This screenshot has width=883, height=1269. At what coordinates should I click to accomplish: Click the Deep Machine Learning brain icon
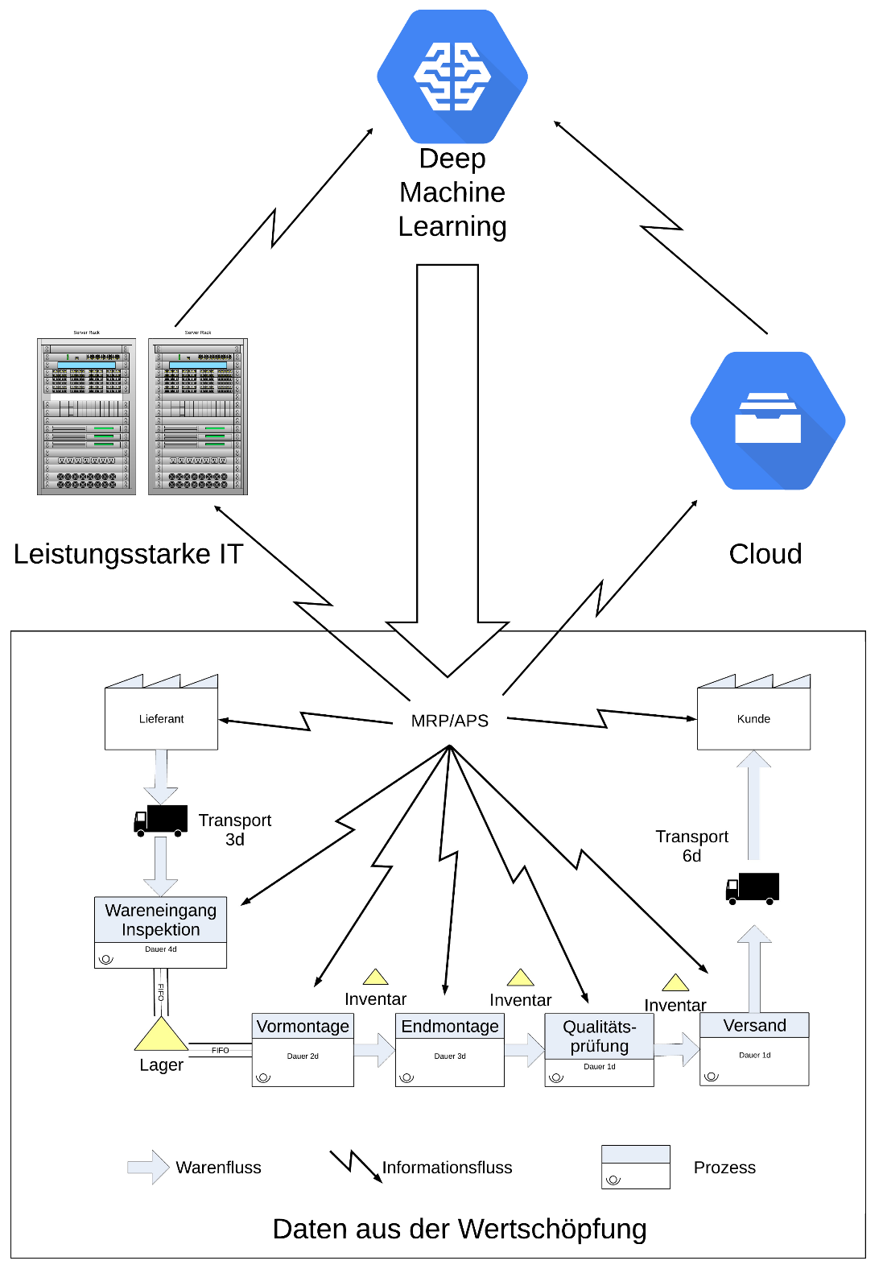[x=452, y=76]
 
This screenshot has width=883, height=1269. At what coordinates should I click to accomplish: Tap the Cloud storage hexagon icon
[x=768, y=420]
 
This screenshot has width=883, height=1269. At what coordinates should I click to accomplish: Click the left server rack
[x=86, y=416]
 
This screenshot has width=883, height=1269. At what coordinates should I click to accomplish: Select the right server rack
[x=198, y=416]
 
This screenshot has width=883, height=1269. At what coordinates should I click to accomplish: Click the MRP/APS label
[x=449, y=721]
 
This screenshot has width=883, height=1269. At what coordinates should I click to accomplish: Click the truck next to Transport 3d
[x=161, y=820]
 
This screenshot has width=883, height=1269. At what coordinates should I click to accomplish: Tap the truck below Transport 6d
[x=753, y=888]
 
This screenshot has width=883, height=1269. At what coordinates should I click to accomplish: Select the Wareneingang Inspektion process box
[x=160, y=932]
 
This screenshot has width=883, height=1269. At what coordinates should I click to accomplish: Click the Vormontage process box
[x=303, y=1049]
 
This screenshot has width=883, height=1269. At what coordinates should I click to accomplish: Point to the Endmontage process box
[x=450, y=1049]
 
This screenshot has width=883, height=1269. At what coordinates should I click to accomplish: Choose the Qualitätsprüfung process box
[x=600, y=1049]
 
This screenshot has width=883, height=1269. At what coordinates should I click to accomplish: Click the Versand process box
[x=754, y=1048]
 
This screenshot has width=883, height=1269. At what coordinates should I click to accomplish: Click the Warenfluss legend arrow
[x=148, y=1167]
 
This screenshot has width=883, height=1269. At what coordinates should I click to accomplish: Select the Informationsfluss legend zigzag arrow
[x=355, y=1165]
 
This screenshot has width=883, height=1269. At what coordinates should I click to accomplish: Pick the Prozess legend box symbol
[x=636, y=1167]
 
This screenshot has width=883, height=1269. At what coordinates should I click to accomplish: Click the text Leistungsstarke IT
[x=128, y=554]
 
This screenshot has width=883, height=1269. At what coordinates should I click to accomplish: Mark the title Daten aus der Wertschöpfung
[x=460, y=1229]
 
